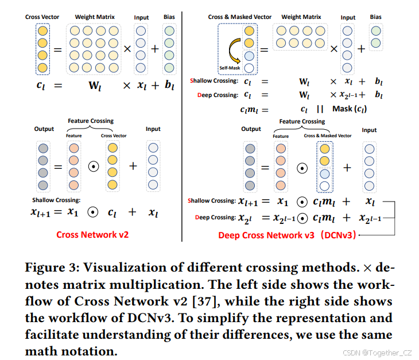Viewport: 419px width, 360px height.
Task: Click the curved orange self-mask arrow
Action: [x=235, y=52]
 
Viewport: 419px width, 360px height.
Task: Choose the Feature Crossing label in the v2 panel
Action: [x=91, y=121]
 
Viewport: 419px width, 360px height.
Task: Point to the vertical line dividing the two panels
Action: [x=183, y=115]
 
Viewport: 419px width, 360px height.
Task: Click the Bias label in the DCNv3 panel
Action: [x=376, y=17]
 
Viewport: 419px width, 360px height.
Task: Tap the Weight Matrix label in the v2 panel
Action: [x=95, y=17]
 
